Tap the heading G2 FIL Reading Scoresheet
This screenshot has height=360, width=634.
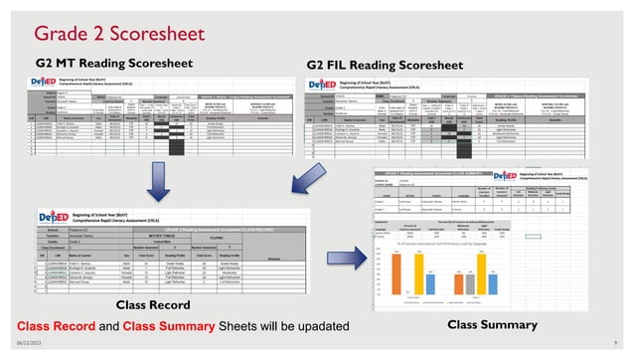click(386, 65)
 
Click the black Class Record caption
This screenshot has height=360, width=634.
click(152, 303)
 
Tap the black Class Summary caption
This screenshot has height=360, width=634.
click(490, 325)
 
